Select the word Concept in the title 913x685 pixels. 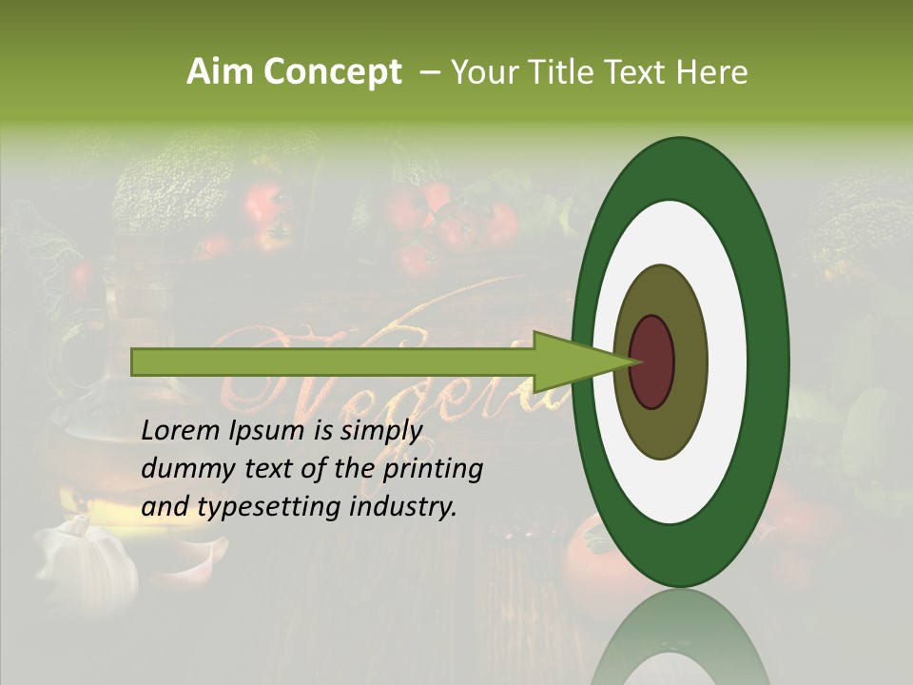point(331,72)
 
